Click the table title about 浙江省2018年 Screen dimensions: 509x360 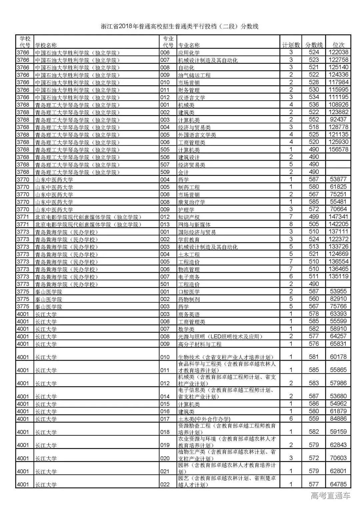(180, 27)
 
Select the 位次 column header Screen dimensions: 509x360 (339, 45)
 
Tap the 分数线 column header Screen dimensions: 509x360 (314, 45)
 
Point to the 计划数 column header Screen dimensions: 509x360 (291, 45)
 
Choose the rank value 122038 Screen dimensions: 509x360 (339, 52)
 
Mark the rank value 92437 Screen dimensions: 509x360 (339, 119)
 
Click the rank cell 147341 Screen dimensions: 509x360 (339, 217)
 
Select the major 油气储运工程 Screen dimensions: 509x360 (195, 75)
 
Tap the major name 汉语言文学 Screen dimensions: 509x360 (192, 98)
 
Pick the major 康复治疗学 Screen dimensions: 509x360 (192, 202)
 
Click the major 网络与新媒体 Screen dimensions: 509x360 (195, 224)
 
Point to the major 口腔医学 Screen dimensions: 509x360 (189, 292)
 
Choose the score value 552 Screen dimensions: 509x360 (314, 119)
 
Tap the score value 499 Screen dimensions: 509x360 (314, 217)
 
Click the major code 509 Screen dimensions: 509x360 (165, 172)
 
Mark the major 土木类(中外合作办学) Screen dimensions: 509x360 (204, 419)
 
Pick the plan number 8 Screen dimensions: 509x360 (291, 224)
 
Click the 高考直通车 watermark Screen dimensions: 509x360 (331, 496)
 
